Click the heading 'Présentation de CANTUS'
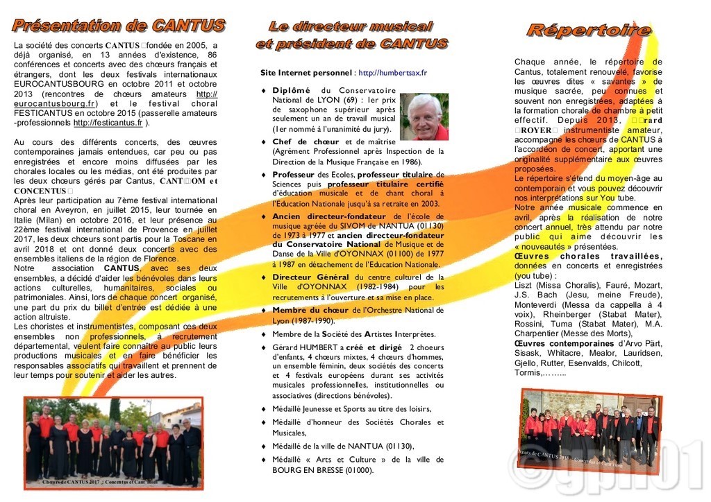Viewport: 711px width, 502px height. (x=119, y=26)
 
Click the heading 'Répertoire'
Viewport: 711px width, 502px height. (x=589, y=30)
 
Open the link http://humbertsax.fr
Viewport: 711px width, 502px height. (x=392, y=72)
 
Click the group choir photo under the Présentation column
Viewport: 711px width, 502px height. (x=114, y=440)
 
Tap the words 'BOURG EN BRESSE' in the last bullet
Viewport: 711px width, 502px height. (x=305, y=470)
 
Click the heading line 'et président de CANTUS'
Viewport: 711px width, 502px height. (x=351, y=44)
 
